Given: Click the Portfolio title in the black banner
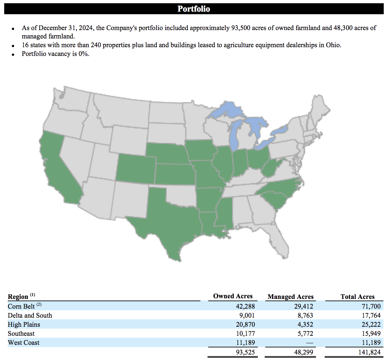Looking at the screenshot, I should [194, 9].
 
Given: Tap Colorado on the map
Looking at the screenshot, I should [136, 168].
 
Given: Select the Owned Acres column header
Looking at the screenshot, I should [233, 296].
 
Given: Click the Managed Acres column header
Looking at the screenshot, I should [290, 297].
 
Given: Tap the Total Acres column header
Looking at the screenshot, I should [357, 297].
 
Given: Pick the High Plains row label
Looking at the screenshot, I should [24, 324].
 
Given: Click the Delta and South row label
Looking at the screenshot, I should [30, 315].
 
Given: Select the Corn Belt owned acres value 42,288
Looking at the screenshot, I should [245, 306].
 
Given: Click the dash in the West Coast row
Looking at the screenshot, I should [309, 343].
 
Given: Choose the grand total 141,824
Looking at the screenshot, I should [369, 352].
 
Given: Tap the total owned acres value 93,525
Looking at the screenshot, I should [245, 352].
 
